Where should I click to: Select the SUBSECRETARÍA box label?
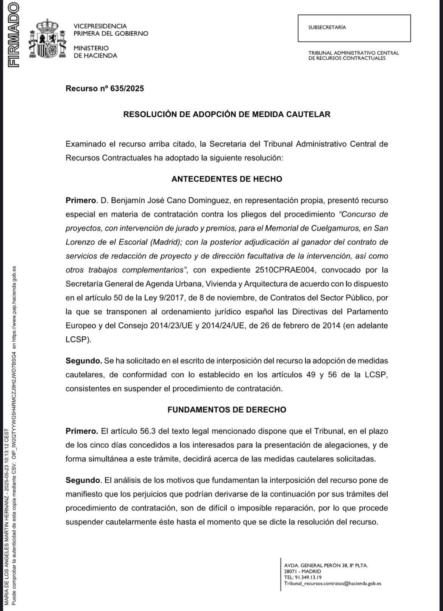(327, 28)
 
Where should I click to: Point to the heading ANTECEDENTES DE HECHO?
(226, 179)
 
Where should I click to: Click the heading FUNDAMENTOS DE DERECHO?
(226, 410)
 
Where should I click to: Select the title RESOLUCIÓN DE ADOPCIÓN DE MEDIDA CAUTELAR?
(226, 114)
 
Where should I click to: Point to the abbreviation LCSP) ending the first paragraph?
(78, 340)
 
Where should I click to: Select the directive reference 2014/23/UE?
(171, 326)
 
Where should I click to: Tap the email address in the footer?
(332, 583)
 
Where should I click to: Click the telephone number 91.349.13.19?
(308, 577)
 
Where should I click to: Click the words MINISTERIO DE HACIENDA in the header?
(95, 52)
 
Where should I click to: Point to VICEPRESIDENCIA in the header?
(100, 26)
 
